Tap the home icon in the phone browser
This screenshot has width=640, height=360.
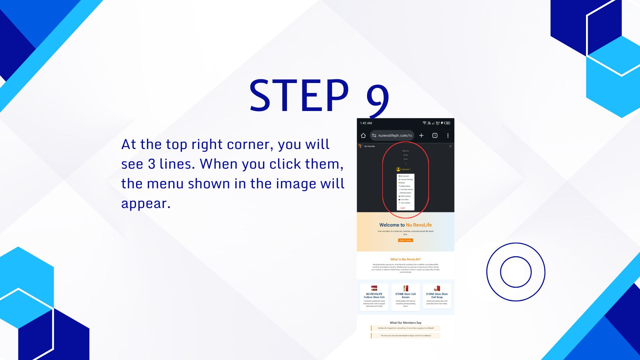click(x=363, y=135)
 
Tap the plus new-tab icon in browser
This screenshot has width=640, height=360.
click(x=421, y=135)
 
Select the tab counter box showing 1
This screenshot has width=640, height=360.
click(x=435, y=135)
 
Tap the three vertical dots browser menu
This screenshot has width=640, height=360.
click(x=448, y=135)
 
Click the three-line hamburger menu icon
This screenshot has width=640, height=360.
click(x=450, y=146)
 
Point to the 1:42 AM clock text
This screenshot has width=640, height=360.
click(x=366, y=123)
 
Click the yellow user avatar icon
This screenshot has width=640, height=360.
click(x=398, y=169)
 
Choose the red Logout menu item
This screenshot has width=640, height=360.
click(x=402, y=208)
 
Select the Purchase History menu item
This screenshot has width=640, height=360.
click(x=406, y=189)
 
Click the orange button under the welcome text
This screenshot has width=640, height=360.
click(x=405, y=240)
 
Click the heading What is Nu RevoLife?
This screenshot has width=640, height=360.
click(x=405, y=259)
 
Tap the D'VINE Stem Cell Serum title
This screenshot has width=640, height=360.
click(x=405, y=295)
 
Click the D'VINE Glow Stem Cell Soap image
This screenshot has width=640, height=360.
click(x=437, y=288)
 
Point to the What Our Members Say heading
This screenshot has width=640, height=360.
click(x=405, y=323)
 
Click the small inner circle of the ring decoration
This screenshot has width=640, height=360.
click(x=516, y=272)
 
